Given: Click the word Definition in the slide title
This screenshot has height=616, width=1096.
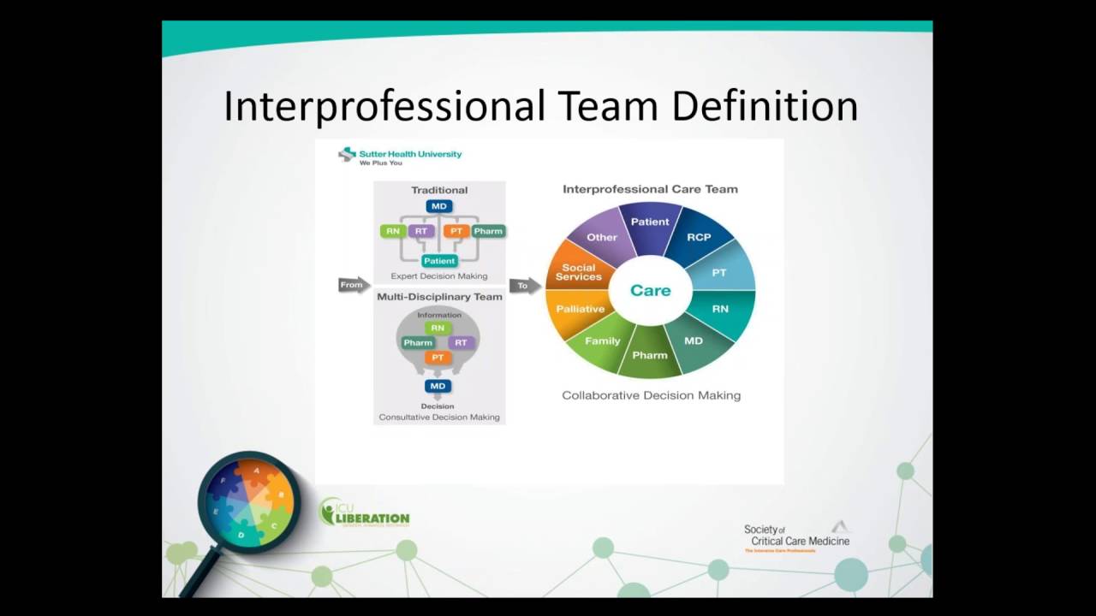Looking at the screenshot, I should coord(765,107).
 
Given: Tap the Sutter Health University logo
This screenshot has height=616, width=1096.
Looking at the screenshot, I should coord(400,156).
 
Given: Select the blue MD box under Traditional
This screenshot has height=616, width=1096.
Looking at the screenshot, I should coord(439,206).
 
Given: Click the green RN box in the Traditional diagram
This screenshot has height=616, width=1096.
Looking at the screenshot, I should coord(393,231).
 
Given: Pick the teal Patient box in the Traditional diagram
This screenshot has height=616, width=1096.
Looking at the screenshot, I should coord(439,260).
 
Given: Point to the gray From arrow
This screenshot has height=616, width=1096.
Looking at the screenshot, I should coord(353,285).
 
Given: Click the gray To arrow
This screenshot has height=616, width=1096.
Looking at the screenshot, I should coord(524,285).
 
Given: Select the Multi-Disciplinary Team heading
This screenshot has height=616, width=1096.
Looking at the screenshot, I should coord(439,297).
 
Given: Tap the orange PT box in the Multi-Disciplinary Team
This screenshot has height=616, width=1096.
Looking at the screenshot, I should coord(438,358).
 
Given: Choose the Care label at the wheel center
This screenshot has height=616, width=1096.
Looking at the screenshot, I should coord(650,290).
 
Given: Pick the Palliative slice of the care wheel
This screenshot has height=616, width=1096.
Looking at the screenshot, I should coord(580,309).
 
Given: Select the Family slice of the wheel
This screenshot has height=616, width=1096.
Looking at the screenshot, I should coord(602,341).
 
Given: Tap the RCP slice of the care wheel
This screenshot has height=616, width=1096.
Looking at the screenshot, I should coord(699,237).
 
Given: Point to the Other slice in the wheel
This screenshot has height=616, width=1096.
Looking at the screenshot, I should coord(602,237).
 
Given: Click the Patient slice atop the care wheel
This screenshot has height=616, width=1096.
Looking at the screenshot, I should coord(650,222).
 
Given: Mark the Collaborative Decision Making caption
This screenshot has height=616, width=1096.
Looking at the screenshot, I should coord(651,395).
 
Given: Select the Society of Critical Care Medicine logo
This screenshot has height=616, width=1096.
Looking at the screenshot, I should coord(796,537).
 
